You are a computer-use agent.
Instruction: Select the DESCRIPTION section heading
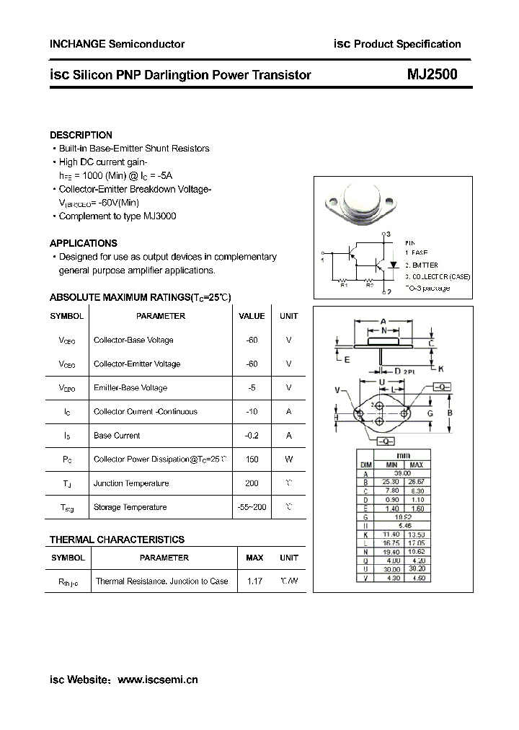81,135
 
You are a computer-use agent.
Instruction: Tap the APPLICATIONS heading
84,243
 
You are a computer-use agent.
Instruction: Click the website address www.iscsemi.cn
157,680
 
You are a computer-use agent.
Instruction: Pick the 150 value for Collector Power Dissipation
252,459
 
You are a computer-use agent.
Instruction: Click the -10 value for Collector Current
252,412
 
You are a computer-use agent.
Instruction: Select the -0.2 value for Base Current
252,436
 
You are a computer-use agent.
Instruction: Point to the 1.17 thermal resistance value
254,581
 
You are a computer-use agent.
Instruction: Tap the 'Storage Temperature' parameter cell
130,507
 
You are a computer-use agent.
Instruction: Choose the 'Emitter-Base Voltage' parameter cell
130,388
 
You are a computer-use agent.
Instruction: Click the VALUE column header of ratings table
252,316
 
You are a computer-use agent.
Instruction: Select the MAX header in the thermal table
254,558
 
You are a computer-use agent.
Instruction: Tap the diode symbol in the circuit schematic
394,265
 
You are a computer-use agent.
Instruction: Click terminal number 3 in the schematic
389,234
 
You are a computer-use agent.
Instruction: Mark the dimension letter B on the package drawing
450,413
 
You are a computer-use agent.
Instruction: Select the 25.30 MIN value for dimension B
391,481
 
